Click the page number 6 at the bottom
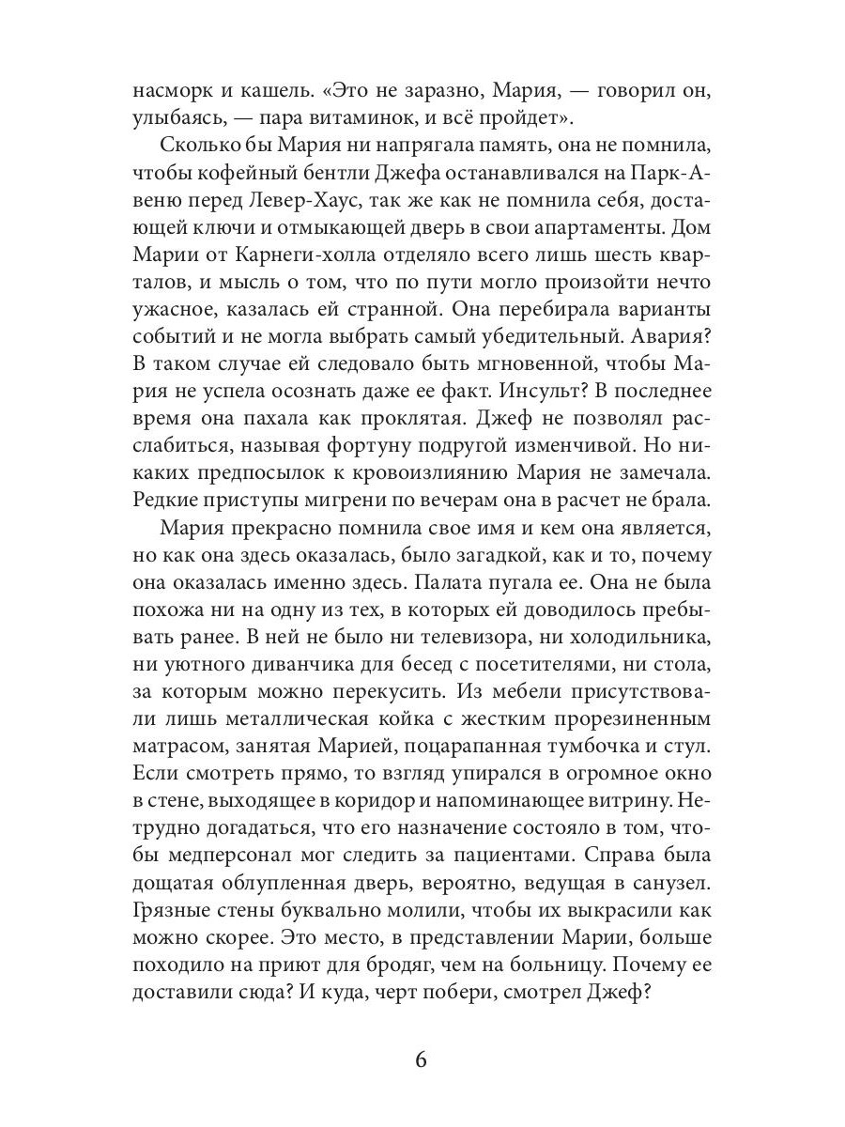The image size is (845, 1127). click(x=421, y=1060)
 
